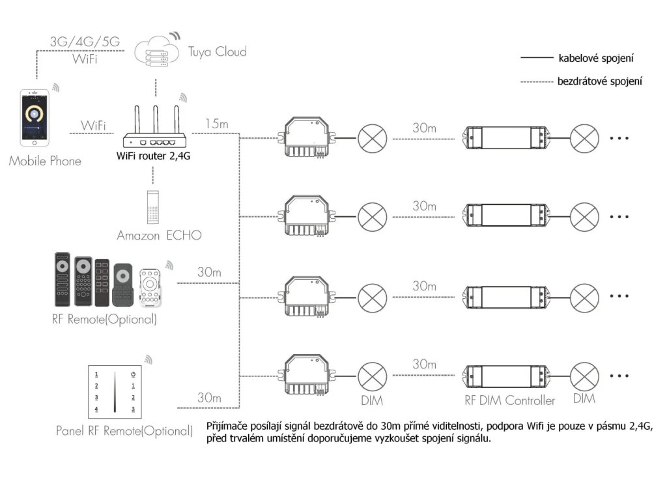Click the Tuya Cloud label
(217, 51)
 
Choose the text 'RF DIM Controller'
(510, 400)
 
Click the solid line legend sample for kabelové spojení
(536, 59)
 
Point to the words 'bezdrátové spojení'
(600, 81)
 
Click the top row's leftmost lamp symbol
(373, 138)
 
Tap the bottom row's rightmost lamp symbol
(584, 375)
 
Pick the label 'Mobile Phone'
(45, 161)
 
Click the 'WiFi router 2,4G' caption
(154, 156)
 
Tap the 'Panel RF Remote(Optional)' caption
(124, 431)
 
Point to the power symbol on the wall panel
(133, 374)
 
